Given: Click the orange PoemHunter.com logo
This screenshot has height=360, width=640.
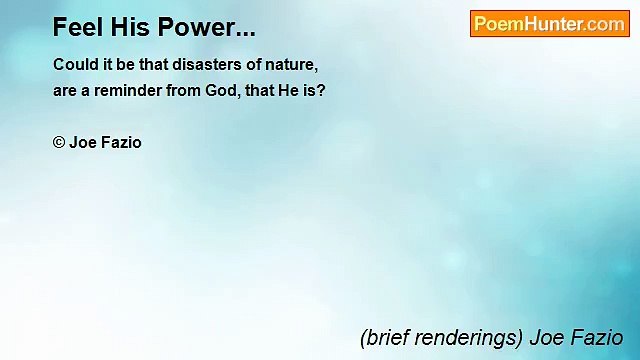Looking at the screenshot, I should [549, 24].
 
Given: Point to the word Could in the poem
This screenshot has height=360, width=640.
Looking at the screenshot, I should [74, 64].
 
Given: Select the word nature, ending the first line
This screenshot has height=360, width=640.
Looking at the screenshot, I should [291, 64].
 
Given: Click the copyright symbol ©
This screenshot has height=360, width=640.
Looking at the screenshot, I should [59, 142].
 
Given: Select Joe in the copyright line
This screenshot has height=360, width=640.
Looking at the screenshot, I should [82, 142].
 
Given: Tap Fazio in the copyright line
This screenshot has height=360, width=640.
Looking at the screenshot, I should [121, 142].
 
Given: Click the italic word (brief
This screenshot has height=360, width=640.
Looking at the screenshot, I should [384, 337].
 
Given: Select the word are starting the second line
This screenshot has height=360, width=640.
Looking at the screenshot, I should [65, 89].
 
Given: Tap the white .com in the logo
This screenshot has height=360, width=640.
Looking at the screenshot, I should [604, 24].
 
